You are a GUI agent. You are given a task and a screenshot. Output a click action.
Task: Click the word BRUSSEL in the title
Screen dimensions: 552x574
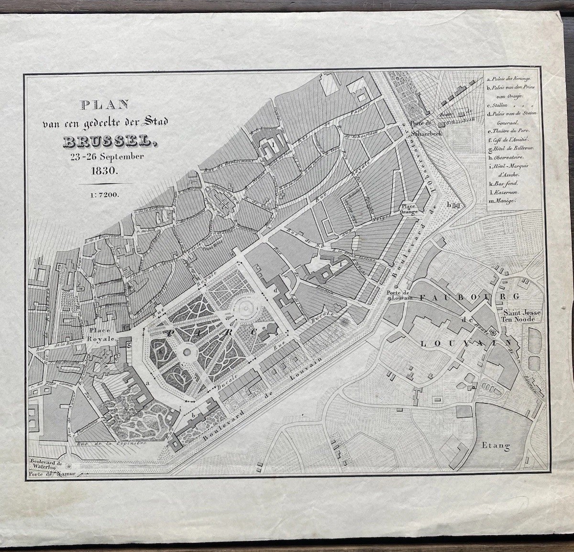point(108,142)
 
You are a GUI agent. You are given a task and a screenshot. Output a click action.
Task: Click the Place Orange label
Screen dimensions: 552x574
point(410,209)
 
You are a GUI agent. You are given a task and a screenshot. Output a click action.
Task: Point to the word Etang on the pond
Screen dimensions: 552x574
point(496,445)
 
